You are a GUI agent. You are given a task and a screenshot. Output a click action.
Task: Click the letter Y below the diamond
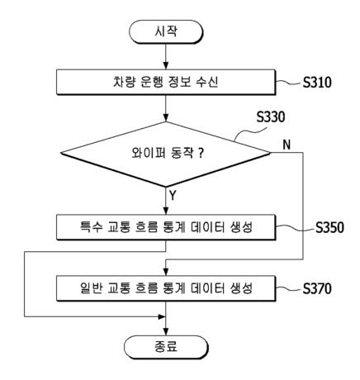tap(174, 197)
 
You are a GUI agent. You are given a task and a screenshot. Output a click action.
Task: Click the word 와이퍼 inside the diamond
tap(145, 153)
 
